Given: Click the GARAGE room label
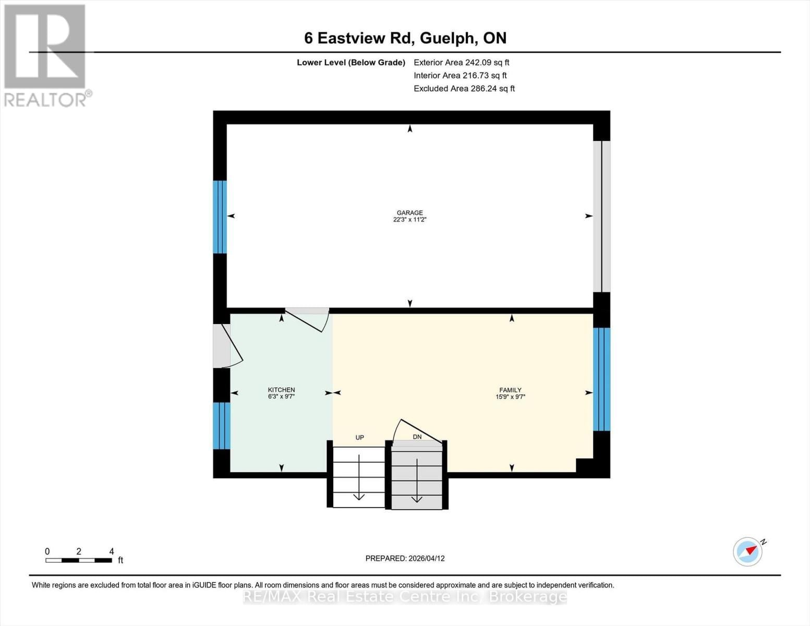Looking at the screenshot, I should pos(409,213).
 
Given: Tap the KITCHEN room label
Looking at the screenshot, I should pos(281,390).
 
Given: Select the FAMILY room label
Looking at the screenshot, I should pos(510,390).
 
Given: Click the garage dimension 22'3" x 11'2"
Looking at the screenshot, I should pos(409,220).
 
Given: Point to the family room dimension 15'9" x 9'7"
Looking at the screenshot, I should pos(510,396).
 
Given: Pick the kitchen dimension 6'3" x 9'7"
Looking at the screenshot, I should pos(281,396).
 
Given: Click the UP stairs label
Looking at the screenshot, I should pos(359,437).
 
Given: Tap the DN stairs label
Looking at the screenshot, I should pos(417,437).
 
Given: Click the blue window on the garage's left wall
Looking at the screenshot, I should pos(220,216).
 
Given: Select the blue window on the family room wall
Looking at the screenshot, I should pos(601,379).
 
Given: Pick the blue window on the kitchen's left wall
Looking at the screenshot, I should pos(222,425).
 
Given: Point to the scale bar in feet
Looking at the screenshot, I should pos(79,560).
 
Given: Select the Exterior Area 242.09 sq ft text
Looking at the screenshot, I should pos(461,62).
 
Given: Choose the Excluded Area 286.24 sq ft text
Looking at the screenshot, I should pos(464,89).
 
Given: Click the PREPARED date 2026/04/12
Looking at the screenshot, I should pos(405,558).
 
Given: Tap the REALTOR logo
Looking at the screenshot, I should pos(46,55).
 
